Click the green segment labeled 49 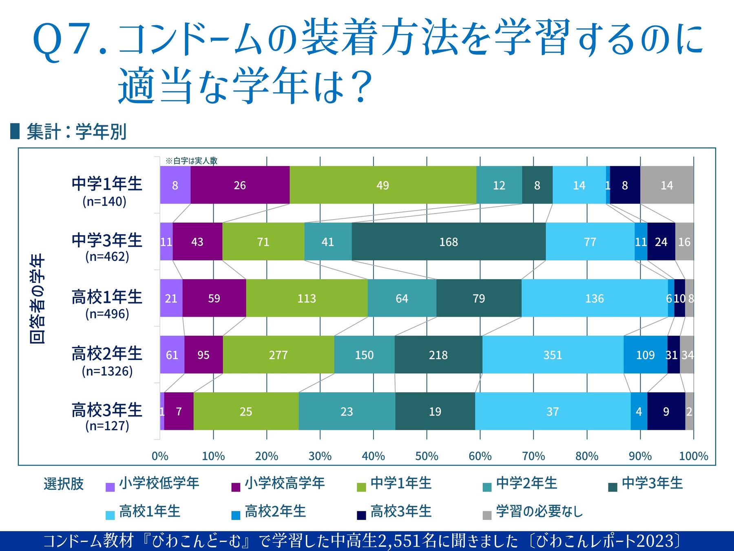pos(382,185)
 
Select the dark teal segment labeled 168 pos(449,242)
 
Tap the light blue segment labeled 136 pos(594,298)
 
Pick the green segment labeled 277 pos(278,355)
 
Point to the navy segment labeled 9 pos(666,411)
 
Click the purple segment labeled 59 pos(214,298)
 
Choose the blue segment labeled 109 pos(645,355)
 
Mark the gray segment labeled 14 pos(667,185)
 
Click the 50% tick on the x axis pos(427,456)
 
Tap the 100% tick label pos(693,456)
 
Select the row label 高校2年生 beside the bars pos(107,353)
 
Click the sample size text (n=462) pos(107,257)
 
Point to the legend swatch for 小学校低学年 pos(110,487)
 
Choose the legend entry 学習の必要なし pos(539,511)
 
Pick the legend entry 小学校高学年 pos(284,484)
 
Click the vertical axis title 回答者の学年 pos(37,298)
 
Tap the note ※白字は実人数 pos(191,161)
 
